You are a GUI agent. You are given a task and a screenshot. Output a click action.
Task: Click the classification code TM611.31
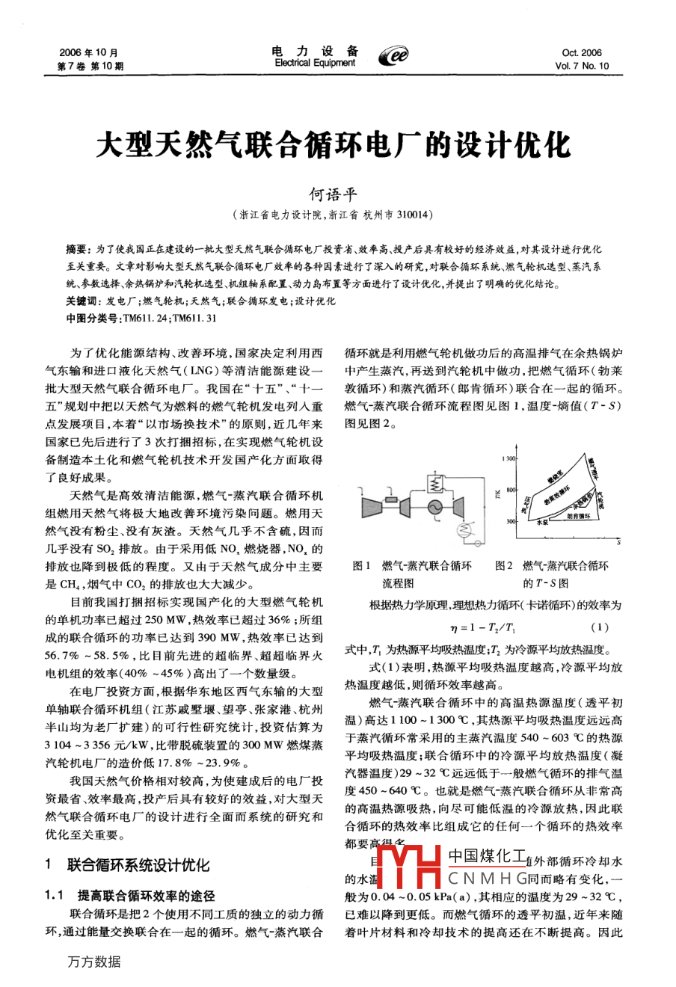[x=196, y=318]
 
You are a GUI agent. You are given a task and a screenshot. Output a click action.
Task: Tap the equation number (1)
[x=599, y=627]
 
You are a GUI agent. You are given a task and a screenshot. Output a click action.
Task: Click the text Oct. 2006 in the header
[x=582, y=53]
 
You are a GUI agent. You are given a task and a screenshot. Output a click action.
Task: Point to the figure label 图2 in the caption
[x=504, y=566]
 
